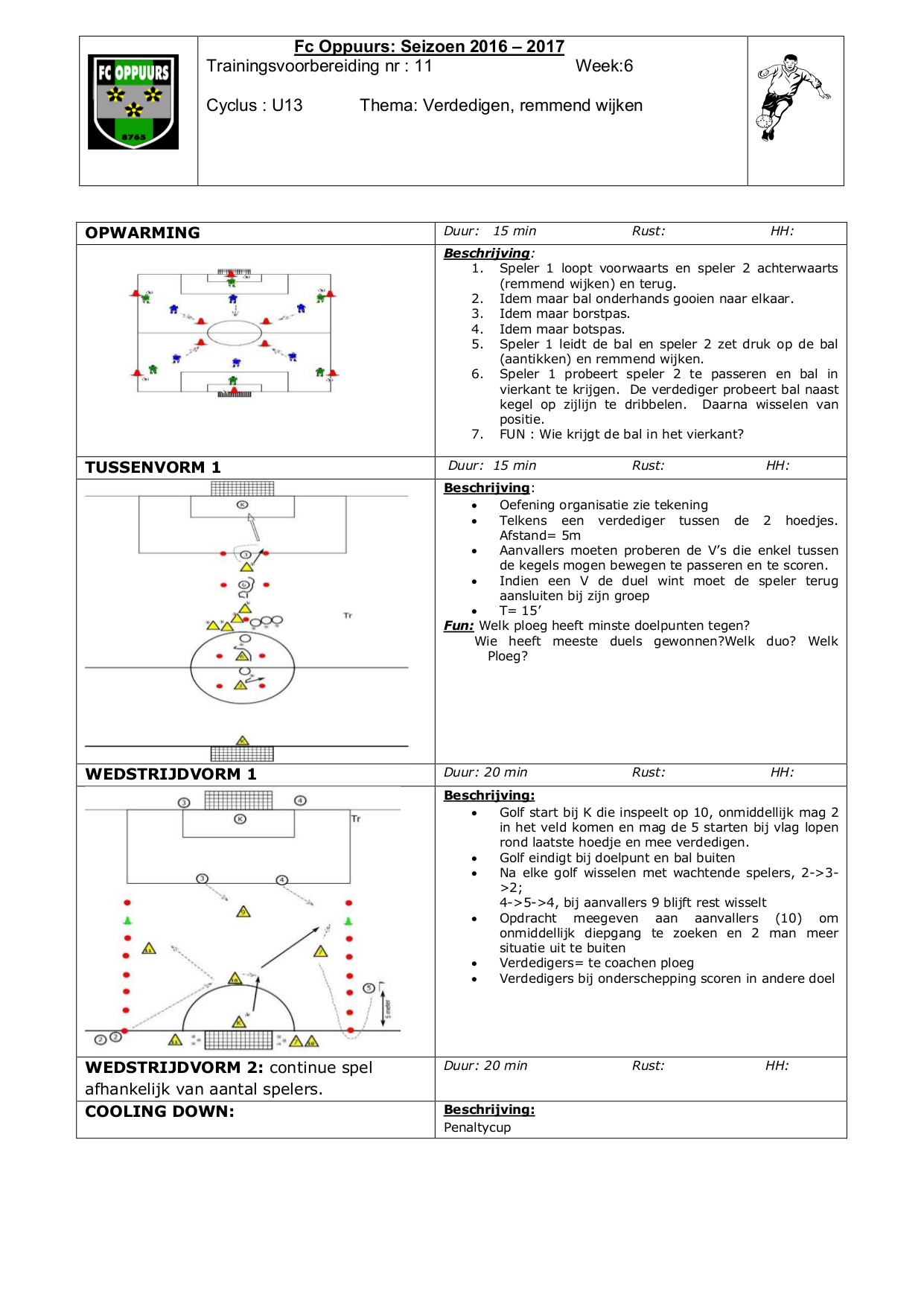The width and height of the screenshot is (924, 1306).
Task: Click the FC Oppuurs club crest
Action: (133, 102)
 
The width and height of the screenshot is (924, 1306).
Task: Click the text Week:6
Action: (604, 66)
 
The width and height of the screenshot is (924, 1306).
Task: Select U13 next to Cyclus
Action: (287, 106)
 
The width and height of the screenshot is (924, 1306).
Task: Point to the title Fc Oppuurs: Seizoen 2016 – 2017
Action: (429, 47)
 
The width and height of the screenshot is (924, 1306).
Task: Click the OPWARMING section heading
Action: (142, 233)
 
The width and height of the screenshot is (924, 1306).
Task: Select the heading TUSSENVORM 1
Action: (153, 468)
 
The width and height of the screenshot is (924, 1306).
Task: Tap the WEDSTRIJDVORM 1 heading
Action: (171, 774)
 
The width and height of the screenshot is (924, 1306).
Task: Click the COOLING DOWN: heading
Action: (159, 1112)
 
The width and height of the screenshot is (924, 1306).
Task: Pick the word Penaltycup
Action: (477, 1127)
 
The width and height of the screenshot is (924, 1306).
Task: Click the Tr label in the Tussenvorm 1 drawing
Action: (348, 616)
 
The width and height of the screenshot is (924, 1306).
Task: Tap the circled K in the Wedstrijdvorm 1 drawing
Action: (240, 819)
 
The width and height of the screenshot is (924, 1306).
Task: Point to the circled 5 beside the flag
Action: (368, 988)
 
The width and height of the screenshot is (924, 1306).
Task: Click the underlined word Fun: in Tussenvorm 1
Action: (459, 626)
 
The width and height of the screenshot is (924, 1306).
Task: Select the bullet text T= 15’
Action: (520, 611)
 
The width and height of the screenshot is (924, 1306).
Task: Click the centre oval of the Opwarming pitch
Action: (235, 333)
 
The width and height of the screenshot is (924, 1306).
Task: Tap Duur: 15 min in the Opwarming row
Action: (490, 232)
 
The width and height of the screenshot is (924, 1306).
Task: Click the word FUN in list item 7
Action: (512, 434)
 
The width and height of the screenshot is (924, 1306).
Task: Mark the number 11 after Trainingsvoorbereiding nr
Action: (423, 66)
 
